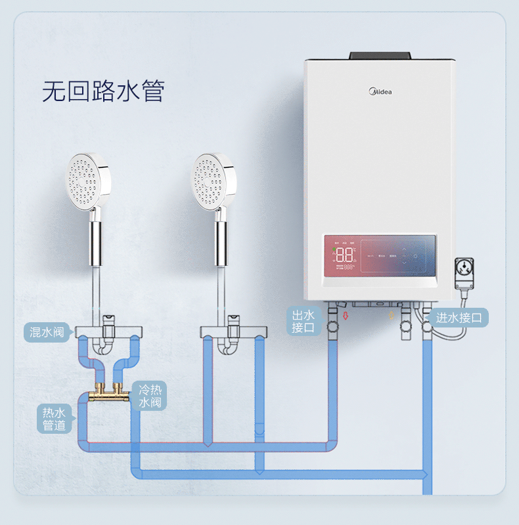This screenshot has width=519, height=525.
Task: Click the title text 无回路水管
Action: (102, 92)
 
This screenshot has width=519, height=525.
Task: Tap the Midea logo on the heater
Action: (379, 90)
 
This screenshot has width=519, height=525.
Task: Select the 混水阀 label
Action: (47, 332)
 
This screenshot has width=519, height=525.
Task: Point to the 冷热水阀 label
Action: (150, 395)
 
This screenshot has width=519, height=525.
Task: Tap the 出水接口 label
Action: (304, 322)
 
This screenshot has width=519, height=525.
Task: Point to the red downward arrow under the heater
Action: (346, 316)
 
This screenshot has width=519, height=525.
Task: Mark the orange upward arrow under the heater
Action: (394, 316)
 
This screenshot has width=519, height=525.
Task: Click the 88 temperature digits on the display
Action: (345, 255)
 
